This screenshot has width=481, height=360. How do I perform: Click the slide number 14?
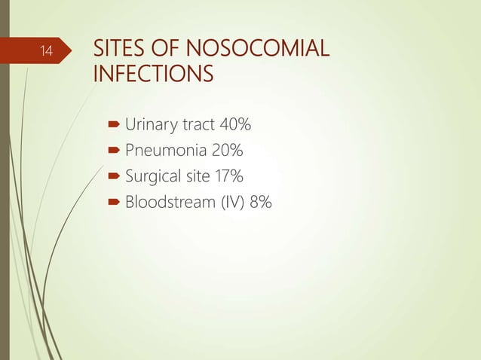[x=47, y=51]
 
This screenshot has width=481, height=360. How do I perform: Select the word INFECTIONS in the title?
[x=152, y=75]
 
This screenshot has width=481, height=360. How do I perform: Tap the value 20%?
[x=227, y=150]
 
